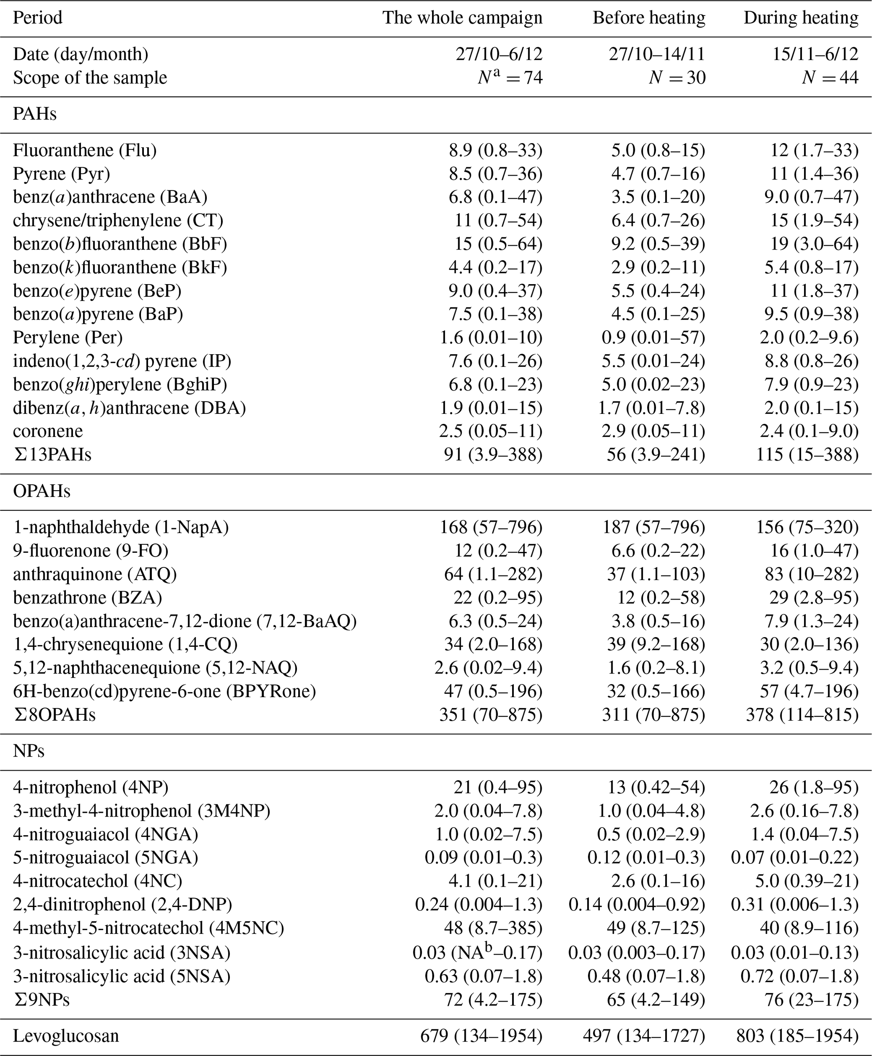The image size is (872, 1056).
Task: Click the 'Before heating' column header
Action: [648, 18]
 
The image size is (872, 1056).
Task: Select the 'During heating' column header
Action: [801, 18]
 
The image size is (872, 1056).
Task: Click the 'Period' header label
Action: [38, 18]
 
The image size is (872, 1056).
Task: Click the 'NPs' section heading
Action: [29, 751]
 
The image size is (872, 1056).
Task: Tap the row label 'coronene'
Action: [48, 431]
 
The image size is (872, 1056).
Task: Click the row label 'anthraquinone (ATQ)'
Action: [95, 574]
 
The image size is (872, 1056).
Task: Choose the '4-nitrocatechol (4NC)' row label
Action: [97, 881]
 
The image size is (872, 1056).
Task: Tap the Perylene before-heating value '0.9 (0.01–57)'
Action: [653, 337]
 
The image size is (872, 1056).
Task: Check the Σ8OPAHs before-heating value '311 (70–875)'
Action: [653, 714]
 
